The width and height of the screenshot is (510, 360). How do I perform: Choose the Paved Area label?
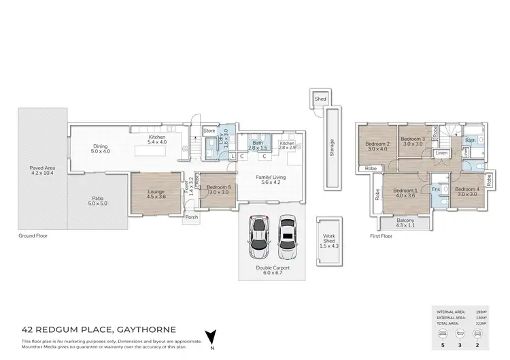click(x=43, y=169)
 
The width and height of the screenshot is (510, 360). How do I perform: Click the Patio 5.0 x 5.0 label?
click(x=97, y=201)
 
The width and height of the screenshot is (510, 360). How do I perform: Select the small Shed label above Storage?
click(x=320, y=99)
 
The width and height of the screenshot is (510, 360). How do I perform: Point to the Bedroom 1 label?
click(x=405, y=193)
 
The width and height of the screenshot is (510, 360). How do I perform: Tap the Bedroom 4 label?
click(x=467, y=191)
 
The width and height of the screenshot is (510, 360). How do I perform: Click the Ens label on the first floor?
click(x=436, y=189)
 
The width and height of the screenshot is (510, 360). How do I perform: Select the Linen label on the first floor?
click(x=441, y=154)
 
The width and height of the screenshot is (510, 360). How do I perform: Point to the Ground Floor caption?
click(x=33, y=236)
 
